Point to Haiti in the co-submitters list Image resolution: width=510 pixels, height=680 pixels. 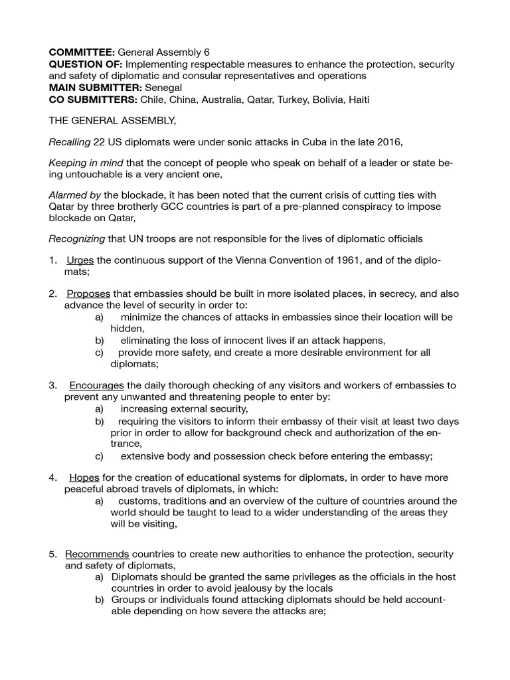356,99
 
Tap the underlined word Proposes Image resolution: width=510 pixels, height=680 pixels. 89,294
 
